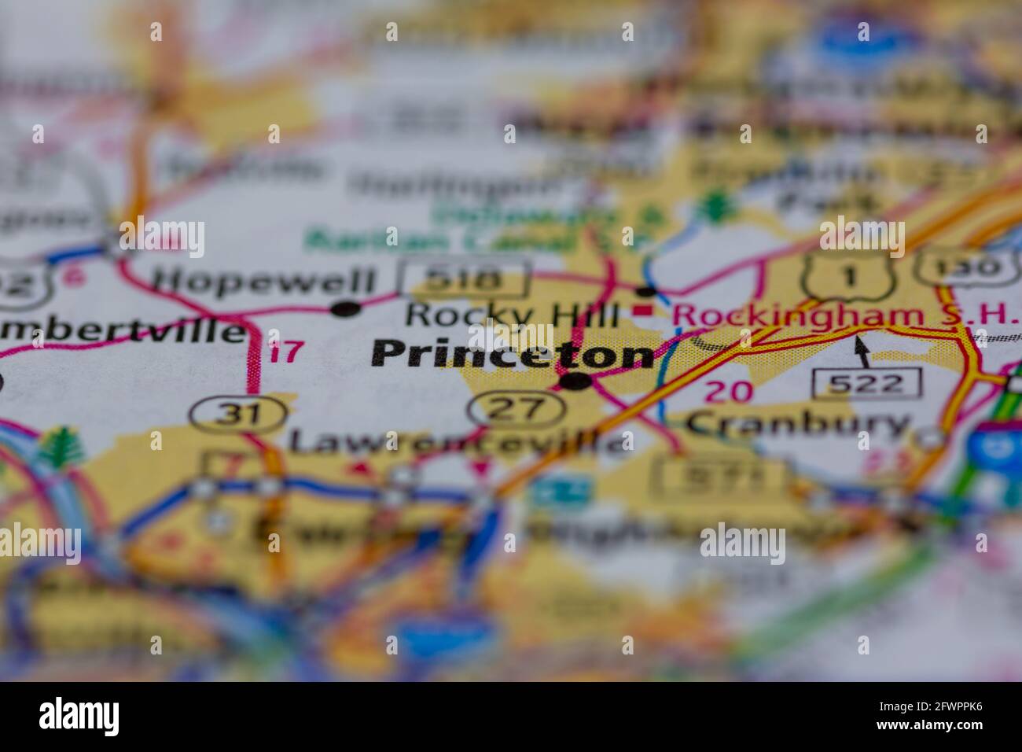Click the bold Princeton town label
(512, 354)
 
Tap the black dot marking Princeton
(575, 382)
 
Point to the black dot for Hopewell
(344, 309)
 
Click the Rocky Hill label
(512, 315)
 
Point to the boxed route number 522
(867, 383)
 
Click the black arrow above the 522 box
(862, 351)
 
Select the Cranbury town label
(796, 425)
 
